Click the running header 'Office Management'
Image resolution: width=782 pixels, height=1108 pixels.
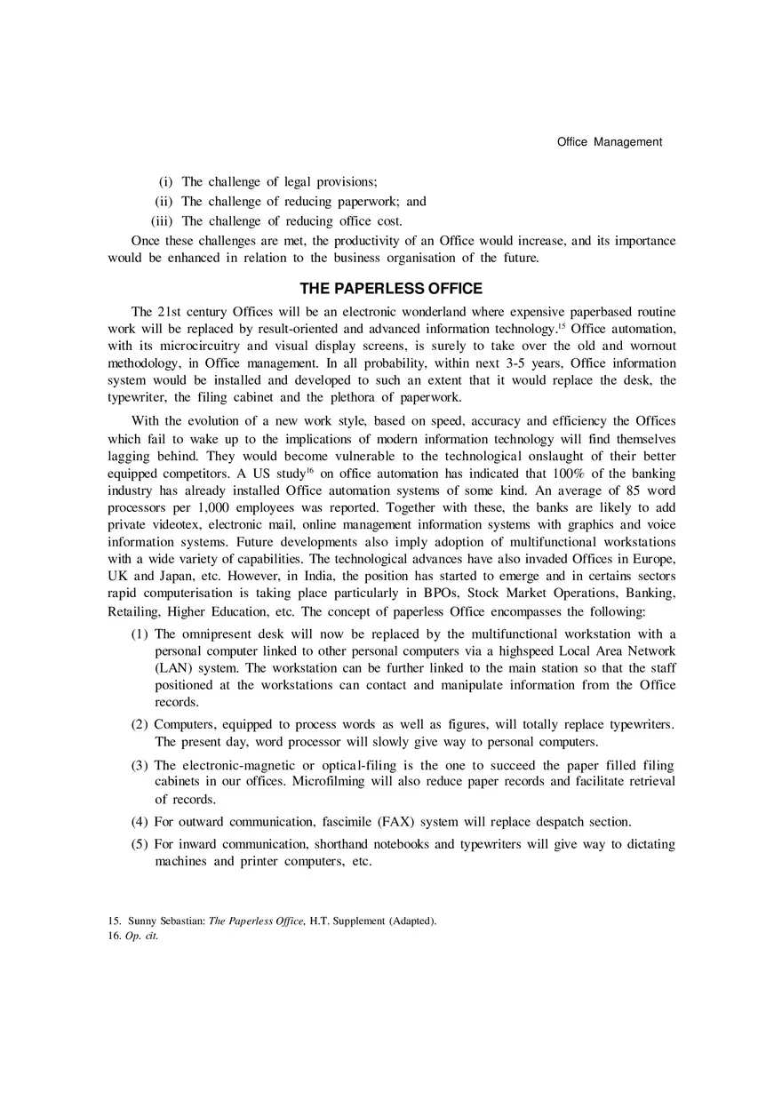pyautogui.click(x=609, y=141)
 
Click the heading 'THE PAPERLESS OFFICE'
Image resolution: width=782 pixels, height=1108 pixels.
pyautogui.click(x=391, y=289)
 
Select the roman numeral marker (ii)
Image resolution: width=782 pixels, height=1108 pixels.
pyautogui.click(x=164, y=202)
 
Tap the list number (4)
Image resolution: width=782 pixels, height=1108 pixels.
pyautogui.click(x=140, y=821)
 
